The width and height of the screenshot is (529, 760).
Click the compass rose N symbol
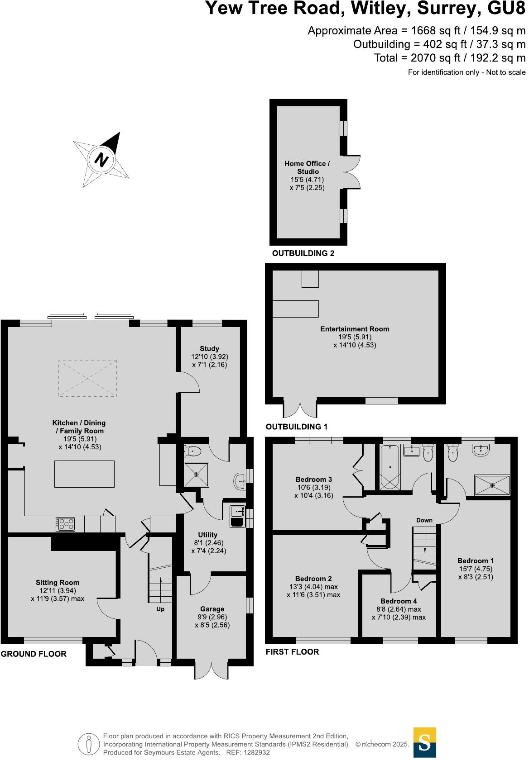click(101, 160)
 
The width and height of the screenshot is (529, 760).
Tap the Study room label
click(209, 348)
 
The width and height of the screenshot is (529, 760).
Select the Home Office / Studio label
click(308, 167)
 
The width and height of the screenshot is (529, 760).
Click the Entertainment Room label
click(355, 329)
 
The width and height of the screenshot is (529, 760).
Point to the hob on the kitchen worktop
click(65, 524)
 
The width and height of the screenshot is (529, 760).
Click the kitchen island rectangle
click(84, 474)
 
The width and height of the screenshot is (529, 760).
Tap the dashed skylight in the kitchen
click(87, 378)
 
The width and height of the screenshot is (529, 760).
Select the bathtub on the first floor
click(390, 467)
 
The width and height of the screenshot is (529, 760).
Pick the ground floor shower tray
click(196, 474)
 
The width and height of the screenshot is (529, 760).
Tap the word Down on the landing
click(424, 520)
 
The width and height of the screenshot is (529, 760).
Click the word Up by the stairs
click(160, 609)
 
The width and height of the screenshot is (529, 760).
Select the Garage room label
click(212, 609)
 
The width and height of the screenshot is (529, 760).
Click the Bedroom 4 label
click(399, 601)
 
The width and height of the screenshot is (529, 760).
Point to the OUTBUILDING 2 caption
click(303, 253)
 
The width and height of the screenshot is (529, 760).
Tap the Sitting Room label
click(58, 583)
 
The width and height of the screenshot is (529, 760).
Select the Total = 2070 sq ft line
click(449, 58)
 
